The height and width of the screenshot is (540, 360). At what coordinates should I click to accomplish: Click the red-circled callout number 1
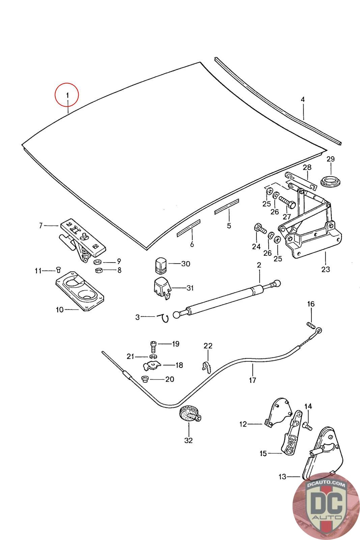pyautogui.click(x=67, y=95)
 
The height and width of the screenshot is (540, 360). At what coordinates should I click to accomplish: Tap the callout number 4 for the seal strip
pyautogui.click(x=303, y=100)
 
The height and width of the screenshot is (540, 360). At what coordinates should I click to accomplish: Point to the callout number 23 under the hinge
pyautogui.click(x=326, y=269)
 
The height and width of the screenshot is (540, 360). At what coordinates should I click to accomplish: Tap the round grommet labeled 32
pyautogui.click(x=188, y=414)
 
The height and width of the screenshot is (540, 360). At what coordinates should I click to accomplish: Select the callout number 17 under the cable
pyautogui.click(x=252, y=380)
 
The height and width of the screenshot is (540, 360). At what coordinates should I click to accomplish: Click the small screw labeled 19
pyautogui.click(x=153, y=346)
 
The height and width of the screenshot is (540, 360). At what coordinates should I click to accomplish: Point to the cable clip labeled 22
pyautogui.click(x=206, y=367)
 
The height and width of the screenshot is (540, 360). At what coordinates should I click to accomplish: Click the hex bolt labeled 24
pyautogui.click(x=260, y=228)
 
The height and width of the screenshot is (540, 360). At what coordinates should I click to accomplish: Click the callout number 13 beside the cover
pyautogui.click(x=282, y=477)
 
